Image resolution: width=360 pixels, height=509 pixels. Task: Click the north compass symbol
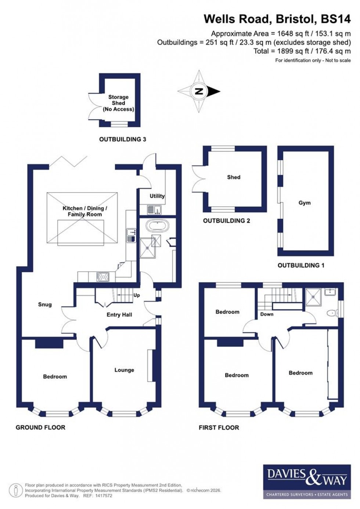199,92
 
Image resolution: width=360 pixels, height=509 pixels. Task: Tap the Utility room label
157,196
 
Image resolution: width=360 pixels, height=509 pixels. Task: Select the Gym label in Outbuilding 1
305,203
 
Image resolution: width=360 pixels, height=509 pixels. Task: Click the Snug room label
45,304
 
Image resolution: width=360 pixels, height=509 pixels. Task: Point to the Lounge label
124,370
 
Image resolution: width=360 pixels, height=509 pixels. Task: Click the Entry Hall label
119,315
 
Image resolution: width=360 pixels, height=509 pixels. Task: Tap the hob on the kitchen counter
103,277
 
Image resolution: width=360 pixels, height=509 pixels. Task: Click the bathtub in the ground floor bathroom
157,225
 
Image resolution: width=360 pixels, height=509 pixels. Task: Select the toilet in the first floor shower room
333,313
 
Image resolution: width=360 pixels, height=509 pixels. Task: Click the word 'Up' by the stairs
137,295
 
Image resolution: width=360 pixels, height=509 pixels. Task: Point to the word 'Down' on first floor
267,314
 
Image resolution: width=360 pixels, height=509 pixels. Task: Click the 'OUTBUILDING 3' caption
123,139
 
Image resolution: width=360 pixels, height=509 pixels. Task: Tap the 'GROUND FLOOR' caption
40,427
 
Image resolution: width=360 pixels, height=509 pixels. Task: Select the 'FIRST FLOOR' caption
219,427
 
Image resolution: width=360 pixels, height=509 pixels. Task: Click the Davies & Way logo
307,481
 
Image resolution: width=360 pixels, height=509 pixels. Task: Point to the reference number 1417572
103,496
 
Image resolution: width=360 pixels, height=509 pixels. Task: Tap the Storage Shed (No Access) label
118,103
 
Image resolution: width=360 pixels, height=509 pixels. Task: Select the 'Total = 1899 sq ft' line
302,51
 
